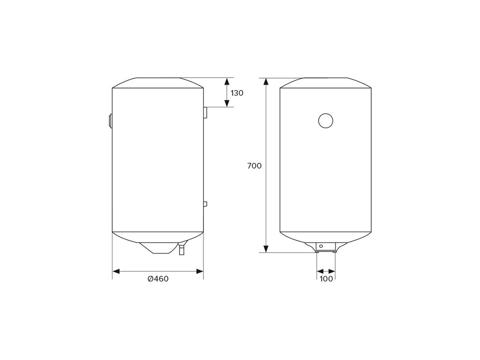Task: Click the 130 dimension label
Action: click(237, 93)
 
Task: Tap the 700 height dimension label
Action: click(255, 166)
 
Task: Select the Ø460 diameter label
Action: click(158, 278)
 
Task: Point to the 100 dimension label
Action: click(326, 279)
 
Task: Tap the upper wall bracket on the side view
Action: click(205, 112)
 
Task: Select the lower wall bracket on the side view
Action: click(205, 204)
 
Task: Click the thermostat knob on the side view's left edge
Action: click(110, 121)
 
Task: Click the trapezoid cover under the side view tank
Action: click(158, 248)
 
